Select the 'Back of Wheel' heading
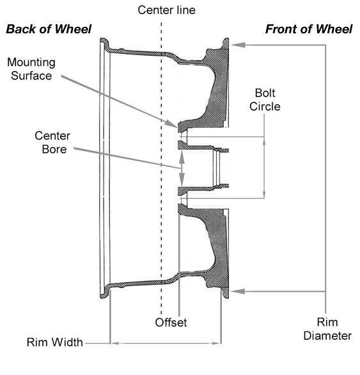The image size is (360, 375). (49, 29)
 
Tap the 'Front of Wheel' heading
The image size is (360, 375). (309, 29)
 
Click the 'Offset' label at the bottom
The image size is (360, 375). (171, 322)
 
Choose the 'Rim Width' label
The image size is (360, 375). (54, 342)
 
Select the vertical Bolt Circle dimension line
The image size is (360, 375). (263, 167)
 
